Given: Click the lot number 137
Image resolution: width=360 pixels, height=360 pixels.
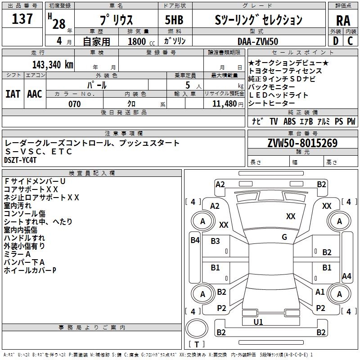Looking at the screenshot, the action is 22,19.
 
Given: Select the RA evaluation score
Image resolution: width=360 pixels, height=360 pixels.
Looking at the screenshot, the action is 343,20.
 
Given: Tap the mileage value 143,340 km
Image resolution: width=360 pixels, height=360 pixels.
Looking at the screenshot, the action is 53,65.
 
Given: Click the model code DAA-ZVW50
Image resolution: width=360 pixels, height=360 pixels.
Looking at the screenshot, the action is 258,41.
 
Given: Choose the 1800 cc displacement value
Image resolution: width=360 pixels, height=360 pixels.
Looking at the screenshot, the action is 138,41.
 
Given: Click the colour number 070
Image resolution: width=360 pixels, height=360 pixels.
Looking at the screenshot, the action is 74,104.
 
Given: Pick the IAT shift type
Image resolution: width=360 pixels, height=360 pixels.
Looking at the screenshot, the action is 13,94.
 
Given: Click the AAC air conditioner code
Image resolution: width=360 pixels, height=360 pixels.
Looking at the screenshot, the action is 35,94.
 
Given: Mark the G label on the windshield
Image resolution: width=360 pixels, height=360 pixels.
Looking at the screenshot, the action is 284,237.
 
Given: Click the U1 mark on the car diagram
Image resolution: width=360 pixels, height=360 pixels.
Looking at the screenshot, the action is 258,322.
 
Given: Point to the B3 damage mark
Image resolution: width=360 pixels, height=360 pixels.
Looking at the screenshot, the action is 216,241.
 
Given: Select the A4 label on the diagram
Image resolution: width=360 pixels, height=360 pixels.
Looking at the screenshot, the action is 346,276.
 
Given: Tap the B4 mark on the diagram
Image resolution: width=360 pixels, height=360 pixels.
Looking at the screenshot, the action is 195,240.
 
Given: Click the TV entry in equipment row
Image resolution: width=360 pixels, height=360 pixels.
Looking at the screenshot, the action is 274,121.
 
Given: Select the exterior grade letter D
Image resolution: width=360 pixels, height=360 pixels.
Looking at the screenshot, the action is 335,41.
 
